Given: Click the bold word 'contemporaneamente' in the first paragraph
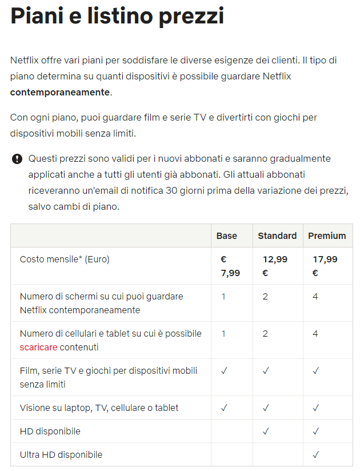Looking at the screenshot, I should point(59,92).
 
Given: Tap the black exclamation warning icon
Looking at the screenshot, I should point(17,159).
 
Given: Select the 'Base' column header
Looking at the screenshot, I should point(226,235).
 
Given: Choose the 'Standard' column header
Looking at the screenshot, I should point(277,235).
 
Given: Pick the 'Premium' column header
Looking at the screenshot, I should point(327,235).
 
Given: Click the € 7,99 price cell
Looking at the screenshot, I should point(230,266).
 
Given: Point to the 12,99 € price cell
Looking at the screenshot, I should point(274,266).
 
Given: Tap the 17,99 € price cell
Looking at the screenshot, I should point(325,266).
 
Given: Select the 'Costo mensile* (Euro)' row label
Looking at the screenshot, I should point(65,259).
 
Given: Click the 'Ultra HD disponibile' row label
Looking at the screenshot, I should point(61,454).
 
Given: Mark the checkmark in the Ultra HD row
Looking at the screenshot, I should point(315,454).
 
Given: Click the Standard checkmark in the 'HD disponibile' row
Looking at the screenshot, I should point(266,430).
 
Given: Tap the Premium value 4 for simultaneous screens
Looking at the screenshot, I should point(315,296).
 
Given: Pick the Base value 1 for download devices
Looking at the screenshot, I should point(223,333).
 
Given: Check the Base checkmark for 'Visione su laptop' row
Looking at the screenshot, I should point(224,408).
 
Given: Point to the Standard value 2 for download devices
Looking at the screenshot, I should point(265,333).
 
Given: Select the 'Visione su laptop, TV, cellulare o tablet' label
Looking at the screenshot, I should point(99,408).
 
